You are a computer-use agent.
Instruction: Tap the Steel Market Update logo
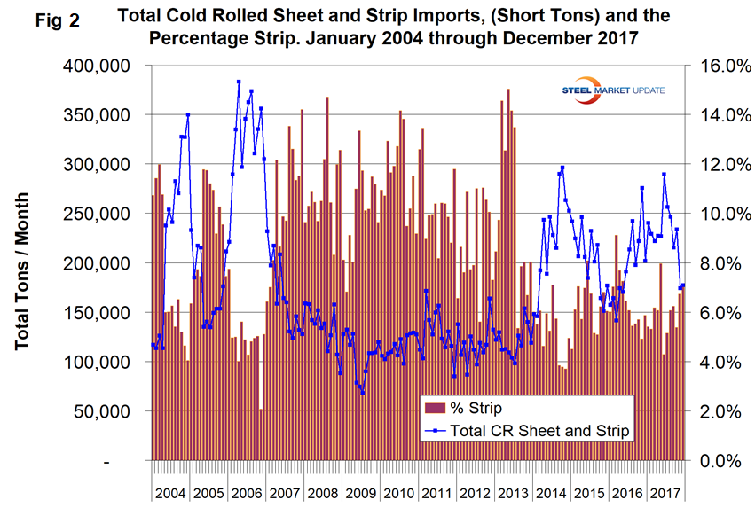click(613, 90)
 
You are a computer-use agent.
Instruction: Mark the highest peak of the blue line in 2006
click(239, 82)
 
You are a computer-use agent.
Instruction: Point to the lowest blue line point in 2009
click(363, 392)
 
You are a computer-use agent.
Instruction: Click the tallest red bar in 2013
click(508, 90)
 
